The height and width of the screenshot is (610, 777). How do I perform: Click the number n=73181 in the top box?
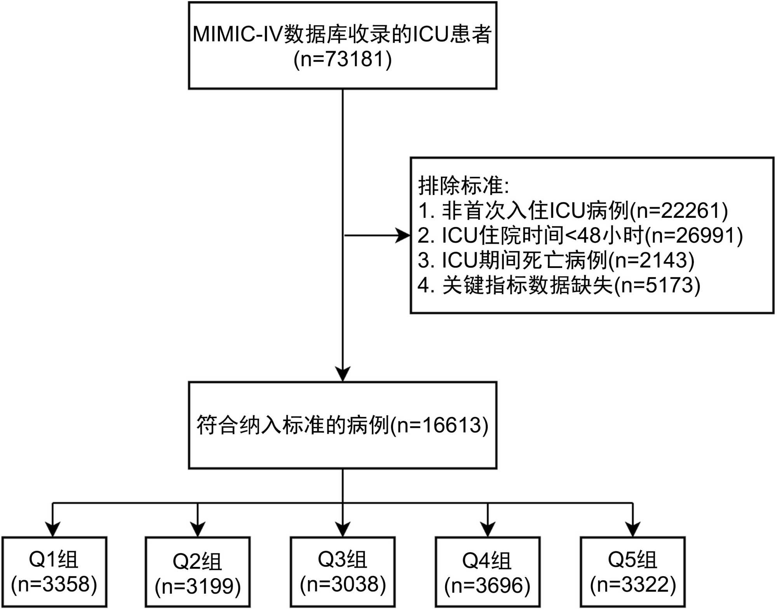tap(343, 59)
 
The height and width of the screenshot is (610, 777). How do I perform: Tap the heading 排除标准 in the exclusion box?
tap(461, 185)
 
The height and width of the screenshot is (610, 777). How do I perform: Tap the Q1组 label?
tap(54, 560)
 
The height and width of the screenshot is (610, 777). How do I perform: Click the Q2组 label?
tap(197, 561)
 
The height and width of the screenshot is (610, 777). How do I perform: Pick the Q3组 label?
tap(342, 560)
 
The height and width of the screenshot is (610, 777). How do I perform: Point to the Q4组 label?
tap(487, 561)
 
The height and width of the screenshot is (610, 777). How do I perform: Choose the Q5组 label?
tap(632, 560)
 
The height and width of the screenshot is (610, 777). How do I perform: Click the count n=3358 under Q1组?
tap(54, 584)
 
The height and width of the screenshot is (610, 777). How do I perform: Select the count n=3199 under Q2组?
tap(198, 586)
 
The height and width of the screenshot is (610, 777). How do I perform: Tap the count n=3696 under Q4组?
tap(488, 585)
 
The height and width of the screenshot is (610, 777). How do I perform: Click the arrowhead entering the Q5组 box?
tap(633, 529)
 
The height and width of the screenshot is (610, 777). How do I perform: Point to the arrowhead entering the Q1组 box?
tap(53, 529)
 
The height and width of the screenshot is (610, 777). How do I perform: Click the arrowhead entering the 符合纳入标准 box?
tap(343, 374)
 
